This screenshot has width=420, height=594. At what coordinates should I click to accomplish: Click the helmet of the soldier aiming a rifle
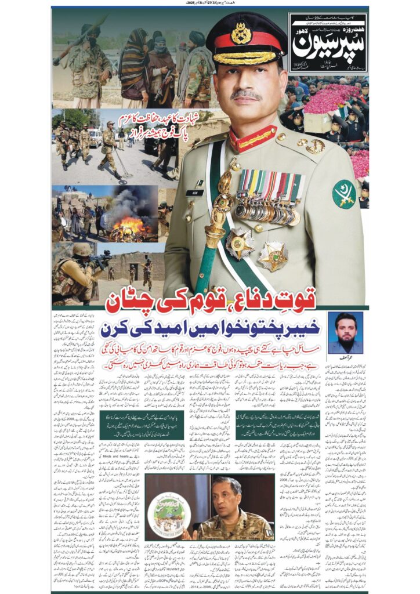click(82, 249)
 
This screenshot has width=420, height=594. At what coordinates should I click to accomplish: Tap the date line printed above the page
click(210, 3)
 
